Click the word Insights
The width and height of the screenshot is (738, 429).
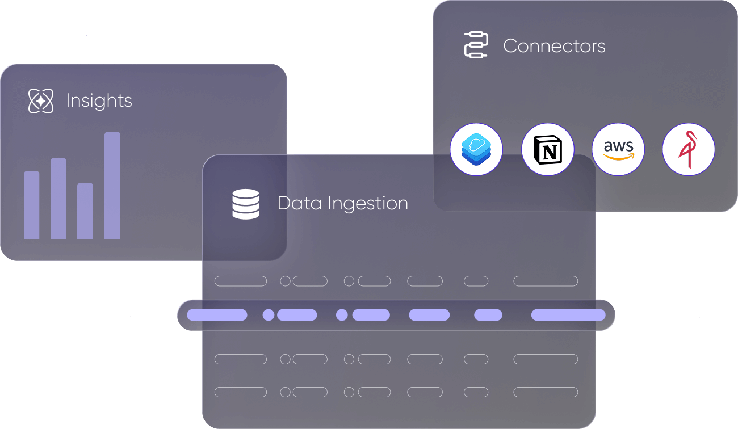coord(99,101)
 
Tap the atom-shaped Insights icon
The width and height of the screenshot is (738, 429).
coord(41,101)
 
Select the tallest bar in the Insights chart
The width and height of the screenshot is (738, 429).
coord(112,186)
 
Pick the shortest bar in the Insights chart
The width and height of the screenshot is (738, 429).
coord(85,211)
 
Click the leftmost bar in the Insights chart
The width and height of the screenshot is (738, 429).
coord(32,205)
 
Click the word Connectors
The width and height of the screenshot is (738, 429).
coord(554,46)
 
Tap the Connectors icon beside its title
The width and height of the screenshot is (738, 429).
coord(476,45)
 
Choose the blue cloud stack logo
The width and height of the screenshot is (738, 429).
coord(476,149)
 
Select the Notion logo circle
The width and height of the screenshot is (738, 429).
coord(548,149)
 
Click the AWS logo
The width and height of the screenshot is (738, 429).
coord(618,149)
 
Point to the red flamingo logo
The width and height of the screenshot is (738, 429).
coord(689,149)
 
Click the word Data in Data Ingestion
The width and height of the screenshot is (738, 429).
coord(299,203)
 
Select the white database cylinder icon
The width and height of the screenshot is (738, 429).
coord(246,204)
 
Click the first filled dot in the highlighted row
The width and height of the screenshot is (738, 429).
coord(269,315)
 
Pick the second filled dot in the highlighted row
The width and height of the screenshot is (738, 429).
coord(342,315)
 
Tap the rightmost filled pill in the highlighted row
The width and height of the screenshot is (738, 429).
coord(568,315)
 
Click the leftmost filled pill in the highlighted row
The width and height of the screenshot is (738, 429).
coord(217,315)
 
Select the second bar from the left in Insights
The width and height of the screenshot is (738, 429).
coord(58,199)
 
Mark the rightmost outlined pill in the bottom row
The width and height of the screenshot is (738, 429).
coord(546,392)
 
